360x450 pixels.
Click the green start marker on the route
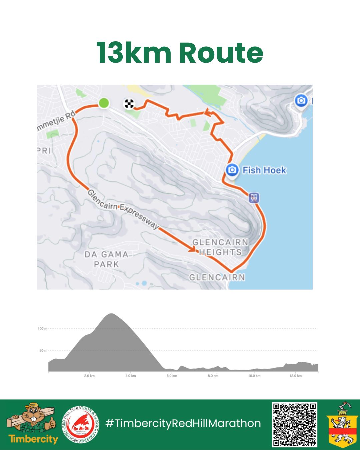104,103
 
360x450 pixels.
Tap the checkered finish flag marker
129,104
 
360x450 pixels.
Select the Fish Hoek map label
264,170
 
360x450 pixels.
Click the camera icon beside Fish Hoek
232,170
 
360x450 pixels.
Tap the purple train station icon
254,198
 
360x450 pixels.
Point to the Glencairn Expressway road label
123,209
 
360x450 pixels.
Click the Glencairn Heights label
220,247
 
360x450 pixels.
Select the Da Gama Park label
106,259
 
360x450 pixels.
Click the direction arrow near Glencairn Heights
193,249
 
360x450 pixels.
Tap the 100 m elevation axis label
42,329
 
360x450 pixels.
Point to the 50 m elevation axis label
43,351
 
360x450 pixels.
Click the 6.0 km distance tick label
172,376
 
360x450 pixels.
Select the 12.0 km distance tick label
295,376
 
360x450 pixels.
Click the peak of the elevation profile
111,314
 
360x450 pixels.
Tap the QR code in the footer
294,424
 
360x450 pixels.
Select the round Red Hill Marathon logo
80,424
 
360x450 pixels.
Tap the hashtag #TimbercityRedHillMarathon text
183,423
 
